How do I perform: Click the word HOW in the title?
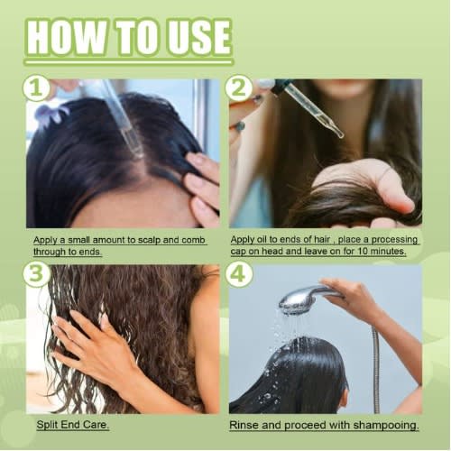67,38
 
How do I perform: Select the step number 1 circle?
36,87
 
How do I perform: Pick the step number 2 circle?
239,87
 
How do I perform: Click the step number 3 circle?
36,273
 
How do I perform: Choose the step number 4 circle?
239,273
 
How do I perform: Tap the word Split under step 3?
47,425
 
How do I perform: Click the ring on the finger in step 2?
241,126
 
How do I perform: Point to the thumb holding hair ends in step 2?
394,192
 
